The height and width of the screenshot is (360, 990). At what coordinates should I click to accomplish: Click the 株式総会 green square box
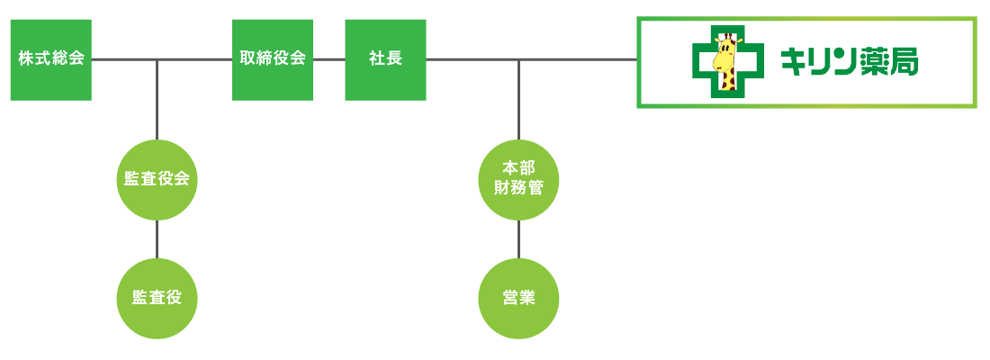(50, 59)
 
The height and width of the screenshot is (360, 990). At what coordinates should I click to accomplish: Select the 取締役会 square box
(273, 59)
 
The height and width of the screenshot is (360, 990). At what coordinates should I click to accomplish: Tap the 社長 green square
(385, 59)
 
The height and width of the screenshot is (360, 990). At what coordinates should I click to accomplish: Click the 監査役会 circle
(157, 179)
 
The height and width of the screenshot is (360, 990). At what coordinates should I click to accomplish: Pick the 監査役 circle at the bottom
(157, 298)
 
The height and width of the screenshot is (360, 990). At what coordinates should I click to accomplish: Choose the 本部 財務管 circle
(518, 179)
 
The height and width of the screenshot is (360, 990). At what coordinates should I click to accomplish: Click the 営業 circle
(518, 298)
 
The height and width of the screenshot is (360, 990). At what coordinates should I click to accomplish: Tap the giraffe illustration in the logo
(725, 63)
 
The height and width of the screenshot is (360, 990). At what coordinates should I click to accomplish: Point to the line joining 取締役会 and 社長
(328, 59)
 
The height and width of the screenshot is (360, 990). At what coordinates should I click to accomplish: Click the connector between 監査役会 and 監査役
(157, 238)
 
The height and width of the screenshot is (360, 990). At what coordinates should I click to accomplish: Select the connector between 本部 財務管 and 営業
(518, 238)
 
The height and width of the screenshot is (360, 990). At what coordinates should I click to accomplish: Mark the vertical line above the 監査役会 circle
(157, 99)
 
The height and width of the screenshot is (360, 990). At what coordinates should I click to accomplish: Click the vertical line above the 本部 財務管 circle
(518, 99)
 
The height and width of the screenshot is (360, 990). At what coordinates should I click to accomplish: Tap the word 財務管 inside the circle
(518, 188)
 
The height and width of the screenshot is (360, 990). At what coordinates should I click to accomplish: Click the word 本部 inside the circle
(518, 169)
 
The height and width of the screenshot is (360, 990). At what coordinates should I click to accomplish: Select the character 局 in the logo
(903, 62)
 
